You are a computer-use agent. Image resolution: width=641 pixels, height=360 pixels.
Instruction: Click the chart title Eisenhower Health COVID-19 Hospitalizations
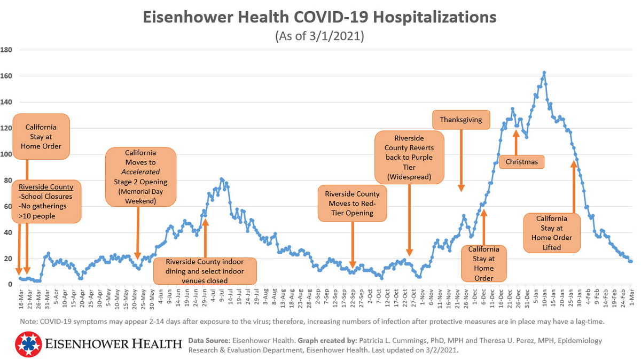[x=319, y=18]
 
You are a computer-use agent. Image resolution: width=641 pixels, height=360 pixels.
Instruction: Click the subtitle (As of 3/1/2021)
[x=319, y=37]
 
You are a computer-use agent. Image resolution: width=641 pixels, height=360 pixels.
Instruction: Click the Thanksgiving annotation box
[x=461, y=120]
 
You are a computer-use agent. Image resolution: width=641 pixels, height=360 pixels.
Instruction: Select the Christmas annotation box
[x=521, y=161]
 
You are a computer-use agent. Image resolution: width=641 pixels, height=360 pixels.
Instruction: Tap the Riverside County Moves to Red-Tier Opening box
[x=353, y=204]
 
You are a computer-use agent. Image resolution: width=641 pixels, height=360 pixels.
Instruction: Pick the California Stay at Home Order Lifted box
[x=552, y=232]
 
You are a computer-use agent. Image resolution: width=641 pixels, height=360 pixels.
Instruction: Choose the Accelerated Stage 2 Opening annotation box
[x=140, y=177]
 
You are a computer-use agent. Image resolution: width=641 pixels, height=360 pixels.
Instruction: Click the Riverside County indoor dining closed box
[x=205, y=271]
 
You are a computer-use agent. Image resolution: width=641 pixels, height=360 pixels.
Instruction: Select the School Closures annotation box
[x=47, y=202]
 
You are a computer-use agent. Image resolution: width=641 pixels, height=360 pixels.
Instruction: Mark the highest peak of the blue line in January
[x=544, y=73]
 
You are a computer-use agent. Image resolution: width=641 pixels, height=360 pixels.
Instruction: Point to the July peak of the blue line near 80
[x=222, y=179]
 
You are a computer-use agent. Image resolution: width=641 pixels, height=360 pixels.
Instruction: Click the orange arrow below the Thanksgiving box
[x=461, y=160]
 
